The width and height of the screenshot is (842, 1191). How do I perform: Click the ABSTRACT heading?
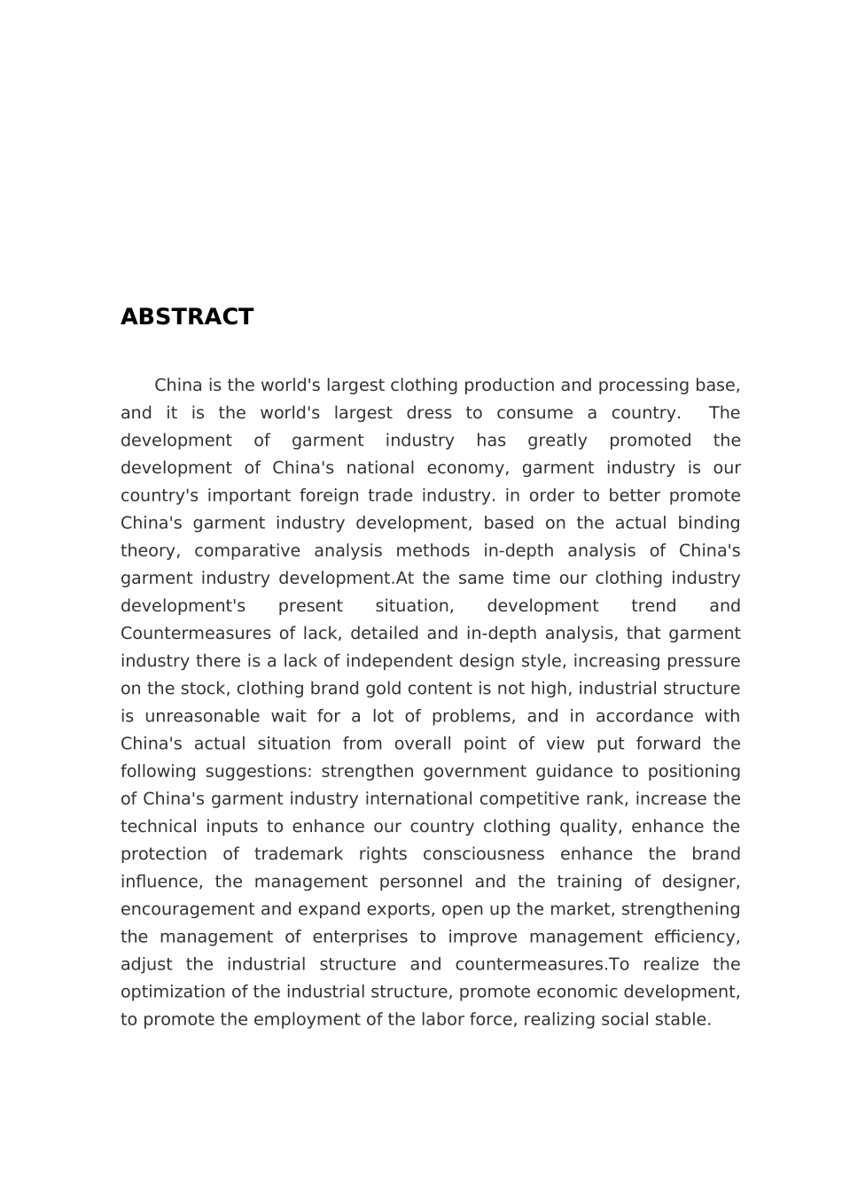(187, 317)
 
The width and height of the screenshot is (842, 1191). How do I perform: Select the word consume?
(530, 413)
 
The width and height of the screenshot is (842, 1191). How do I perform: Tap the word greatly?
(557, 440)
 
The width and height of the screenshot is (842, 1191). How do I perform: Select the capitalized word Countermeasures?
(196, 634)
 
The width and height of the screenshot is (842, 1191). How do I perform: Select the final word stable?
(686, 1019)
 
